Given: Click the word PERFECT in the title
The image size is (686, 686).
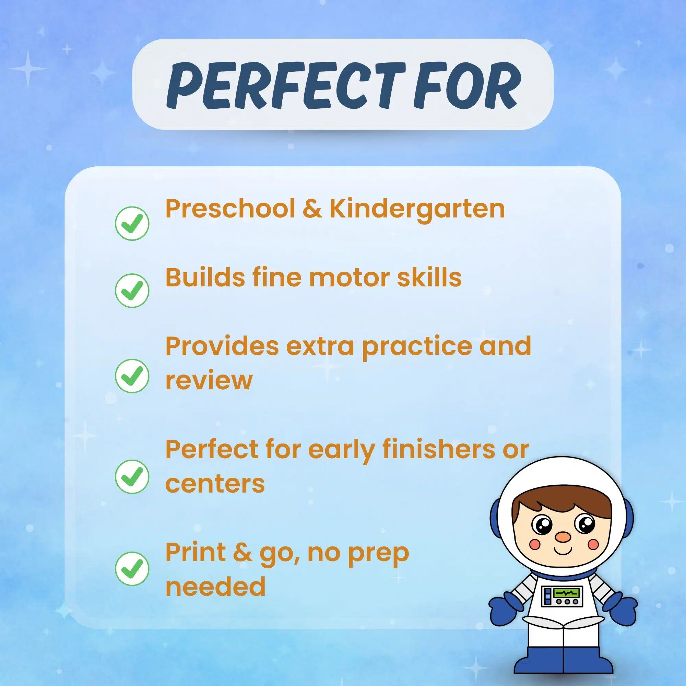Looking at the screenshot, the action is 286,85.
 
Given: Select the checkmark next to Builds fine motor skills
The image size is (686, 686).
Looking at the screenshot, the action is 132,290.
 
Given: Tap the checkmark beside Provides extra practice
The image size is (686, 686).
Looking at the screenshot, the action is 132,376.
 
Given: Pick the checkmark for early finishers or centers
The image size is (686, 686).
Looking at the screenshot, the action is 132,476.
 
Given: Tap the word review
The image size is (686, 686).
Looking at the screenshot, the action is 209,381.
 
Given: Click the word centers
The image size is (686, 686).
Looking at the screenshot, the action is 215,483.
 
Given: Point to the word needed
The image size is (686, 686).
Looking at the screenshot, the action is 215,586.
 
